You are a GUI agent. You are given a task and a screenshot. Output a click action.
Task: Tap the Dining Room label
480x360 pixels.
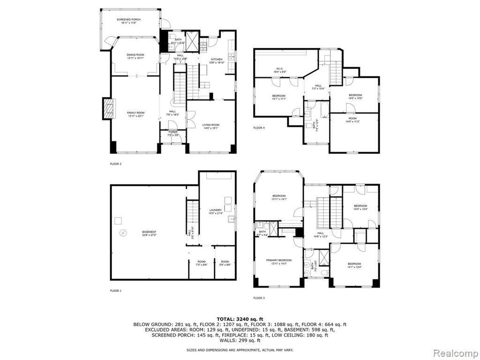point(135,56)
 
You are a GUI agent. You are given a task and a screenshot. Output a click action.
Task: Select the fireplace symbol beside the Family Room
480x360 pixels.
point(108,109)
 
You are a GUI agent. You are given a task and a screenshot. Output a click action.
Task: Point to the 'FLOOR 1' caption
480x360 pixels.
point(116,291)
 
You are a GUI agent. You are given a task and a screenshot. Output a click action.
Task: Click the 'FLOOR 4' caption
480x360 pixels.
point(259,127)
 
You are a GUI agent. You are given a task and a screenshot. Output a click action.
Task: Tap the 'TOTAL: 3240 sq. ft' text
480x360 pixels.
point(240,318)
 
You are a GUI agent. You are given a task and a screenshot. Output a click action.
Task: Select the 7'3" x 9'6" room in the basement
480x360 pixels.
point(201,263)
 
